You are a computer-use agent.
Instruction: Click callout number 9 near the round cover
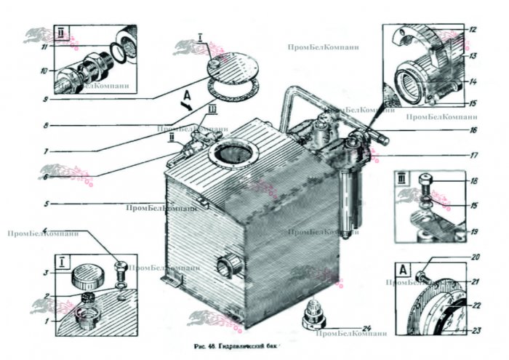pos(44,100)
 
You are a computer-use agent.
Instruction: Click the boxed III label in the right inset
pos(401,177)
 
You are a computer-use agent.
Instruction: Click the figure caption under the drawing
pos(247,347)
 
